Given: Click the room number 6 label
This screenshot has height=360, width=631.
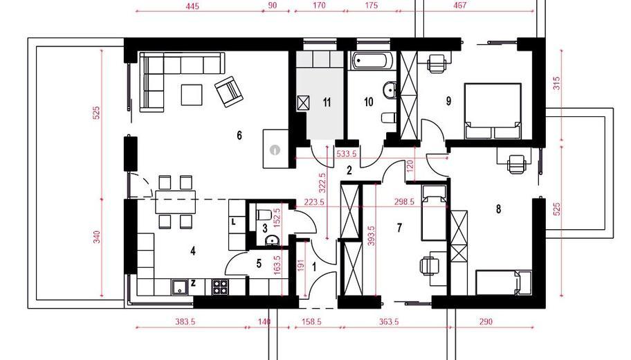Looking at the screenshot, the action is pos(239,135).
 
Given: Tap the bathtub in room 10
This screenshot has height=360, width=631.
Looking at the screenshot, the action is pos(370,61).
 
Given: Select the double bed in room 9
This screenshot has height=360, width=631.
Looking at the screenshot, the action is pos(493,111).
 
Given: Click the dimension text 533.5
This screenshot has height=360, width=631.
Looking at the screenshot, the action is pos(347,154).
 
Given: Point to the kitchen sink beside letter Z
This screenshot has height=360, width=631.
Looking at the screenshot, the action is pos(180,287).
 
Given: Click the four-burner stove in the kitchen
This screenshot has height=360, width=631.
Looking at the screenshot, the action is pos(220,287).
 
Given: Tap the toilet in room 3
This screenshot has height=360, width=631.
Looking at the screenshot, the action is pos(264,214).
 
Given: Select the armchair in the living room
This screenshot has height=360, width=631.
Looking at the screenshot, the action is pos(229,91).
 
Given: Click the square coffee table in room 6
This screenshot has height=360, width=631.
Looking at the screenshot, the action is pos(192,94).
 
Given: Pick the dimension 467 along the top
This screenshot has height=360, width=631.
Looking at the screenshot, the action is pos(459,6).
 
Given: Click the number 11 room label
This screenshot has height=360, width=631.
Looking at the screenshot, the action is pos(327,102).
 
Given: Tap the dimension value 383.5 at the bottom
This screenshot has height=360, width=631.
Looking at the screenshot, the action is pos(185,322).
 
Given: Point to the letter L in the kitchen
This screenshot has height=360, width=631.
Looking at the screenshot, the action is pos(233,221).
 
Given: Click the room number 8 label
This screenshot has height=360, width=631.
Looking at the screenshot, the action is pos(499,209).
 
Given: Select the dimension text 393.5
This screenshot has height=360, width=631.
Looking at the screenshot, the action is pos(371,236).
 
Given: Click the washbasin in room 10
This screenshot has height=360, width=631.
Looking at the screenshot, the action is pos(390,90).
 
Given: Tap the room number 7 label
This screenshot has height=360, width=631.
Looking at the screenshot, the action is pos(399,228).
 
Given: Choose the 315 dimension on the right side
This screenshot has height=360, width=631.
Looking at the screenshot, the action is pos(556,84).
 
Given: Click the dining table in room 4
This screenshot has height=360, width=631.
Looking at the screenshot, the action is pos(176,202).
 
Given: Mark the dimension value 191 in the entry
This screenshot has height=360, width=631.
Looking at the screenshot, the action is pos(300,267).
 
